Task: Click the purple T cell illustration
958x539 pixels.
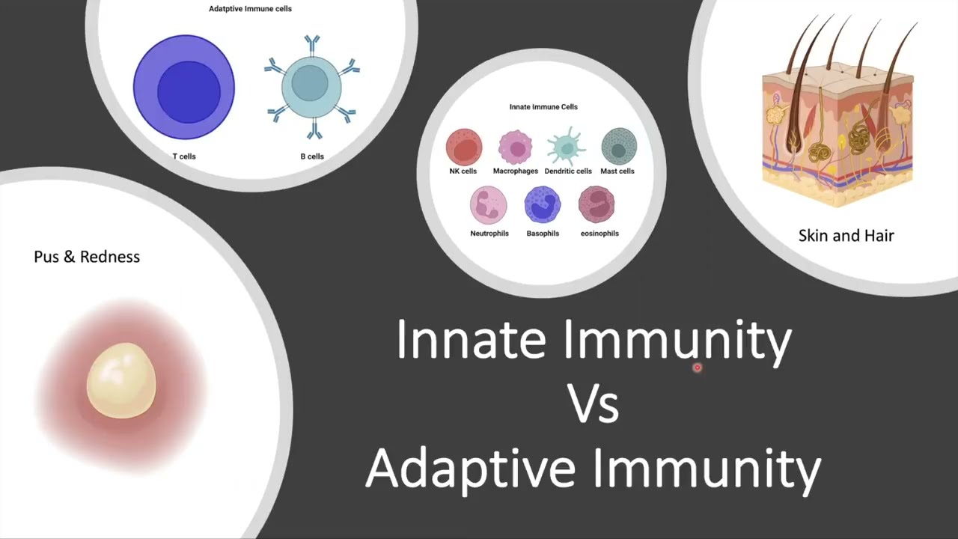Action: tap(183, 88)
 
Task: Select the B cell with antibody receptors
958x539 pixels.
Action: tap(311, 87)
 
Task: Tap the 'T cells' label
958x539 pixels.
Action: tap(183, 156)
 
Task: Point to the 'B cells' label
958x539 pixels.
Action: tap(311, 156)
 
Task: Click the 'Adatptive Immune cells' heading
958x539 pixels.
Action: tap(250, 9)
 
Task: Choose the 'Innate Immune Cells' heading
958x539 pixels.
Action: tap(543, 107)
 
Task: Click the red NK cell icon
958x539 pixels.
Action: tap(463, 147)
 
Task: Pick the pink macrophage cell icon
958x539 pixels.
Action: tap(515, 147)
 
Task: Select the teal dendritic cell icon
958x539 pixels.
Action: tap(567, 147)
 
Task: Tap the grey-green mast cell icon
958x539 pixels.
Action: tap(618, 147)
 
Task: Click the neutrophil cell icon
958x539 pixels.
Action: tap(489, 206)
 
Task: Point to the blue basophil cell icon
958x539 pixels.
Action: tap(543, 205)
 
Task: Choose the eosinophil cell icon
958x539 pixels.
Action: tap(597, 205)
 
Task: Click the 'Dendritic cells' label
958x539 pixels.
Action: tap(568, 171)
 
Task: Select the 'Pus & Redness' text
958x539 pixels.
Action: tap(87, 257)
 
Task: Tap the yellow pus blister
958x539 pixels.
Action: tap(121, 380)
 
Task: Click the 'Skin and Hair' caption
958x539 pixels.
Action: tap(846, 236)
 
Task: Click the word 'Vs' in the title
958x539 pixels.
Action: tap(593, 404)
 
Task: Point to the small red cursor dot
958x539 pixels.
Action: tap(697, 368)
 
